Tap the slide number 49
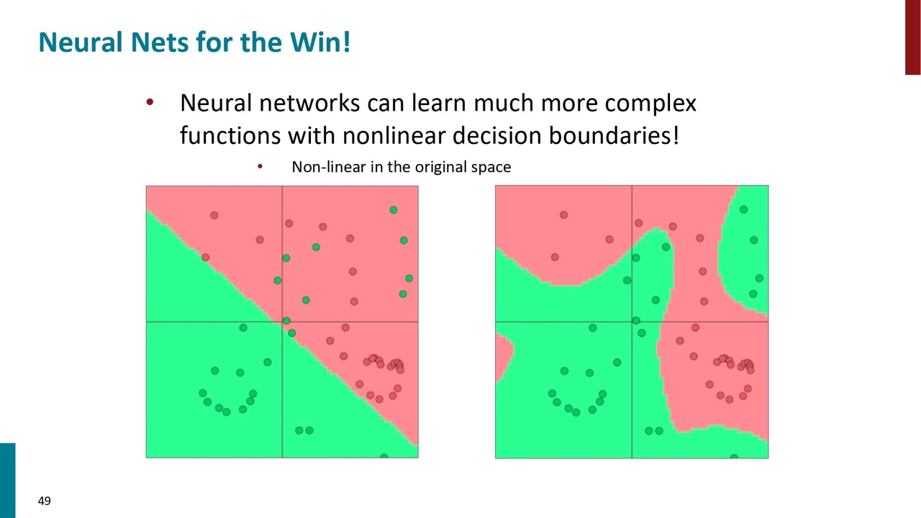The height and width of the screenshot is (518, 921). (45, 501)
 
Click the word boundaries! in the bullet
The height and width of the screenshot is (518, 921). (614, 136)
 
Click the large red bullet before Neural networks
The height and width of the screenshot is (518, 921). (150, 101)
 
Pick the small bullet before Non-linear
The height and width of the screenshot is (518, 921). (260, 166)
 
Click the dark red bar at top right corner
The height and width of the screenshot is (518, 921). (913, 37)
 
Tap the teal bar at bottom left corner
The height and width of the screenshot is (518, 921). (7, 481)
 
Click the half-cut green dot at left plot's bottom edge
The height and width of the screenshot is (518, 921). (384, 456)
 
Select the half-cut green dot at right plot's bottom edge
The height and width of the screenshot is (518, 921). (734, 456)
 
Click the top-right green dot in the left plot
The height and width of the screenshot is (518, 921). (394, 210)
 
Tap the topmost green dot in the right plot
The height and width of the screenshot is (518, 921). (744, 209)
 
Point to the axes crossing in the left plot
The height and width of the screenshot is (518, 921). (282, 322)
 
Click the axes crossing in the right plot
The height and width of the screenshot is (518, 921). (632, 322)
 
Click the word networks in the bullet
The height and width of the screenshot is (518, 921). (309, 103)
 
